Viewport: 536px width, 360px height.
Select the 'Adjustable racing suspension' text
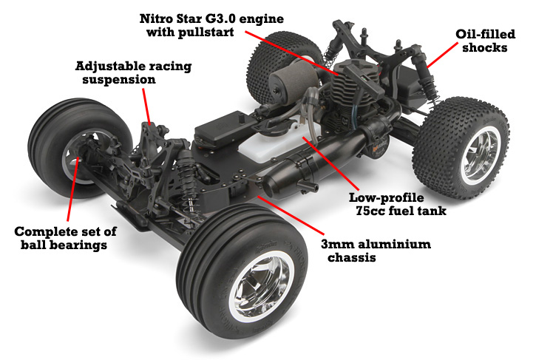pyautogui.click(x=133, y=72)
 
